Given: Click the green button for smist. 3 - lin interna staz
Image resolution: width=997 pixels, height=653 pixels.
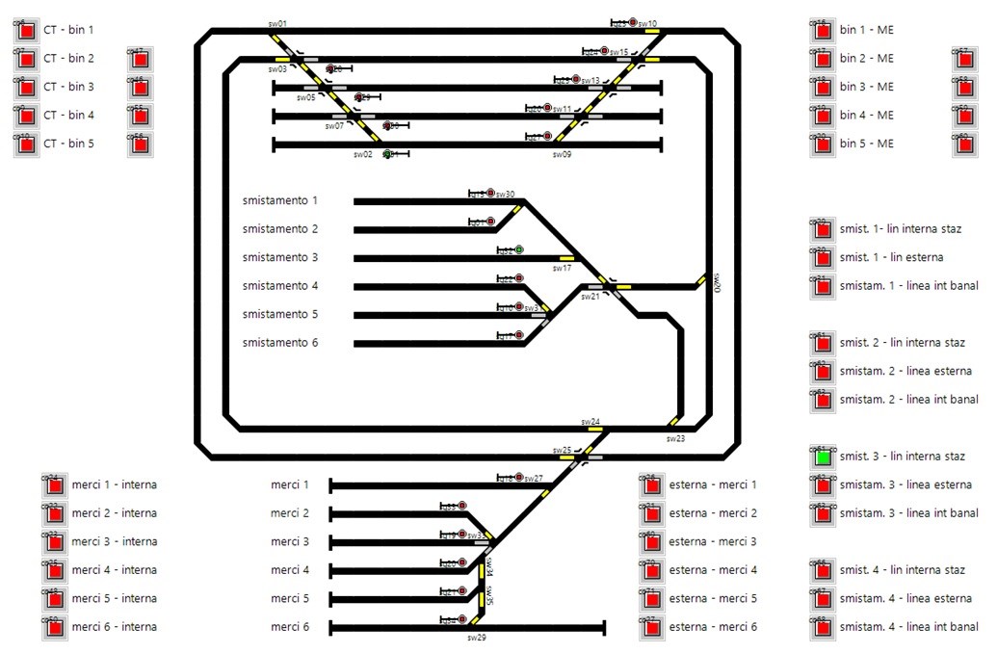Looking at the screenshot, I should tap(823, 457).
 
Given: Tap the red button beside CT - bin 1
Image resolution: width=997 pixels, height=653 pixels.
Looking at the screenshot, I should tap(26, 31).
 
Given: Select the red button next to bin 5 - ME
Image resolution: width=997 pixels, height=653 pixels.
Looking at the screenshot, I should tap(823, 144).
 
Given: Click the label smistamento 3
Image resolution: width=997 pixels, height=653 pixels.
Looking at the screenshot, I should tap(279, 257).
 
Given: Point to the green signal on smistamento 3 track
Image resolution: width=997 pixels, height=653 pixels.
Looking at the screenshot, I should tap(519, 250).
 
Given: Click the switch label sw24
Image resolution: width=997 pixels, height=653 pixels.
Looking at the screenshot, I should tap(590, 422).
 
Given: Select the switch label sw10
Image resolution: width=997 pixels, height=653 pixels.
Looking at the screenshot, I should tap(647, 24).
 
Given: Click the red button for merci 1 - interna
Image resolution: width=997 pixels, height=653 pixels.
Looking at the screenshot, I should tap(55, 485).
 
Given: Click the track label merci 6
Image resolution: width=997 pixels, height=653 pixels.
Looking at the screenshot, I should tap(290, 627).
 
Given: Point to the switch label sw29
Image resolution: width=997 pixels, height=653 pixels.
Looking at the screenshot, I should tap(477, 638).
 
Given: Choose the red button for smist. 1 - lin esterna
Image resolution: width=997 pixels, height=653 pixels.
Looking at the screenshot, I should tap(823, 258).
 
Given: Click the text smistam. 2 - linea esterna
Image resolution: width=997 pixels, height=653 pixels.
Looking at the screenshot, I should tap(905, 371).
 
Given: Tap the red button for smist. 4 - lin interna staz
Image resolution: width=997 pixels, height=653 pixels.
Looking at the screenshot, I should tap(823, 571).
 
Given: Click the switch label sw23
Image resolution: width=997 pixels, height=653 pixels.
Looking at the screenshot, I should tap(675, 438).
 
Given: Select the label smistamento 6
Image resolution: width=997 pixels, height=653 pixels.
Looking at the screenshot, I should tap(279, 343).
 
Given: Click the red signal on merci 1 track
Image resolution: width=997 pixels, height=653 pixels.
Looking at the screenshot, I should tap(519, 478).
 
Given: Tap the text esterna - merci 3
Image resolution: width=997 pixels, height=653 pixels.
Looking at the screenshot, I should tap(713, 541).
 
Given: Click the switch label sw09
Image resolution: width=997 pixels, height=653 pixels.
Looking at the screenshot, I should tap(562, 154).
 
